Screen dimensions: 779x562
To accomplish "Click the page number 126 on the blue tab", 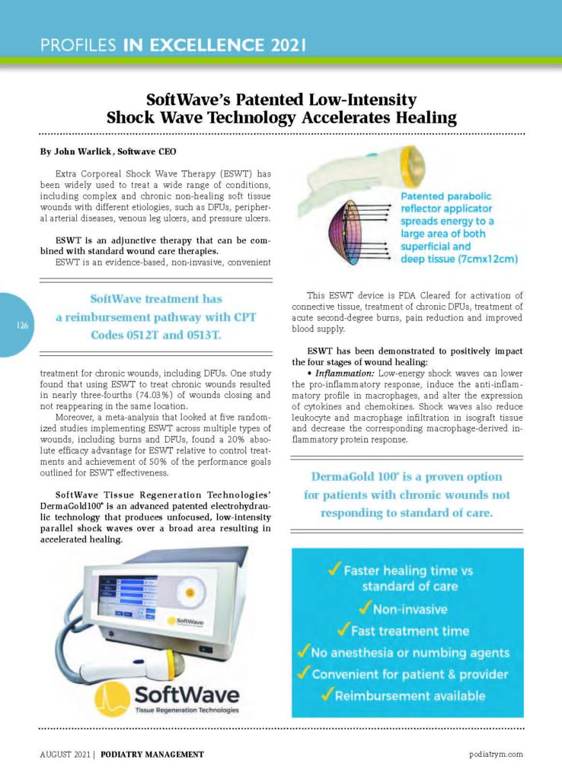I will [22, 325].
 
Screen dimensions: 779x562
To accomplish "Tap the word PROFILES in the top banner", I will [78, 45].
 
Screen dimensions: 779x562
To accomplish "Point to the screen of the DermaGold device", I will [130, 597].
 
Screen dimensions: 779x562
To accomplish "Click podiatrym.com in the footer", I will [497, 754].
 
